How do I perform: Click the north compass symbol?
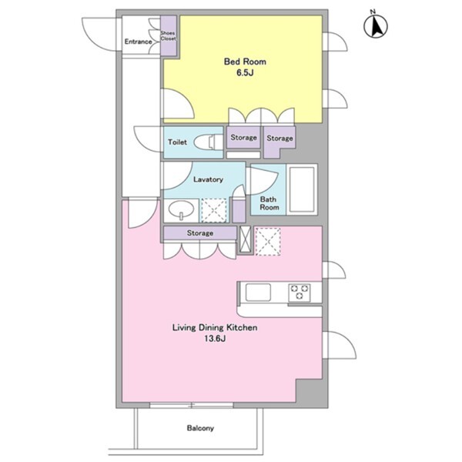click(376, 26)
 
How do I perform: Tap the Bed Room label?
click(245, 62)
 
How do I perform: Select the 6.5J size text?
click(245, 73)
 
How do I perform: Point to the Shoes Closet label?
click(168, 35)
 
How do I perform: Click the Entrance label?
click(138, 42)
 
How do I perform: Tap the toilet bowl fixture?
click(209, 142)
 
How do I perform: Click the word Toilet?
click(177, 142)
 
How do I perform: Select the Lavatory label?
click(208, 179)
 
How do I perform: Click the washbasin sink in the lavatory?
click(181, 210)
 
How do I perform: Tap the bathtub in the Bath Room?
click(302, 189)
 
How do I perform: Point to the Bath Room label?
click(269, 203)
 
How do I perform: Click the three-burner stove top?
click(300, 293)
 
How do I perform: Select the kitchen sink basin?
click(258, 292)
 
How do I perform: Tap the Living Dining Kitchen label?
click(215, 327)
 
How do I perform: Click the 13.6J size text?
click(215, 339)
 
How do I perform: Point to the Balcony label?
click(200, 428)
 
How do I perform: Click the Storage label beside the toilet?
click(243, 137)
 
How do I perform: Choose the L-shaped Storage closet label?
click(280, 138)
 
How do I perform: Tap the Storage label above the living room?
click(200, 233)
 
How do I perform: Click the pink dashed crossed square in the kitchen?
click(267, 241)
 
